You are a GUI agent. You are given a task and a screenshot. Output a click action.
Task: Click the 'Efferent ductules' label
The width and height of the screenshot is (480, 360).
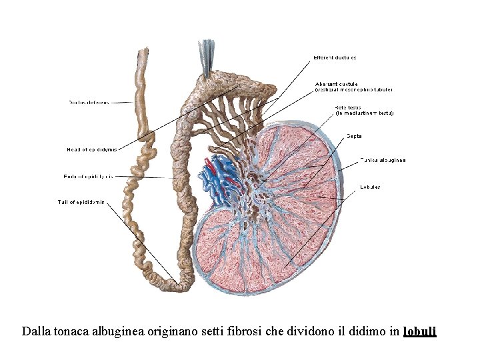pos(335,57)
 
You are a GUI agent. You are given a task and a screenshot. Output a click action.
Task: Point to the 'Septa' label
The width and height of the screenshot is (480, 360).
pos(354,137)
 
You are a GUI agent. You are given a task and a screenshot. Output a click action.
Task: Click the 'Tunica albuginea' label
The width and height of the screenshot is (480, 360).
pos(383,160)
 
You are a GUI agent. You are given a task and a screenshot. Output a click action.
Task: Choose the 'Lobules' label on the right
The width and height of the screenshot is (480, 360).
pos(370,187)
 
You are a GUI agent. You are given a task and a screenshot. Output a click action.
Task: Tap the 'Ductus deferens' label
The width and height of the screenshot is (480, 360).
pos(89,103)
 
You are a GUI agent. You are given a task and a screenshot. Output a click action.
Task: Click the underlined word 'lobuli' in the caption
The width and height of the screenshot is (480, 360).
pos(419,331)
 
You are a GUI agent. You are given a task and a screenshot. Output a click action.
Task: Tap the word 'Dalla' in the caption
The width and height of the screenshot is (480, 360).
pos(34,331)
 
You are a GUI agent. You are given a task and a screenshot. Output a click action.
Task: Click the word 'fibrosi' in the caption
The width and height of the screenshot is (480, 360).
pos(229,331)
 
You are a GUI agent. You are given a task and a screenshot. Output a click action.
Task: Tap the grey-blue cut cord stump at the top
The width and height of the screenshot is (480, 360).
pos(207,51)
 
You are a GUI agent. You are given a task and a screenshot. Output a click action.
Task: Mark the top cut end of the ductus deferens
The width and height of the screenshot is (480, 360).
pos(142,53)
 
